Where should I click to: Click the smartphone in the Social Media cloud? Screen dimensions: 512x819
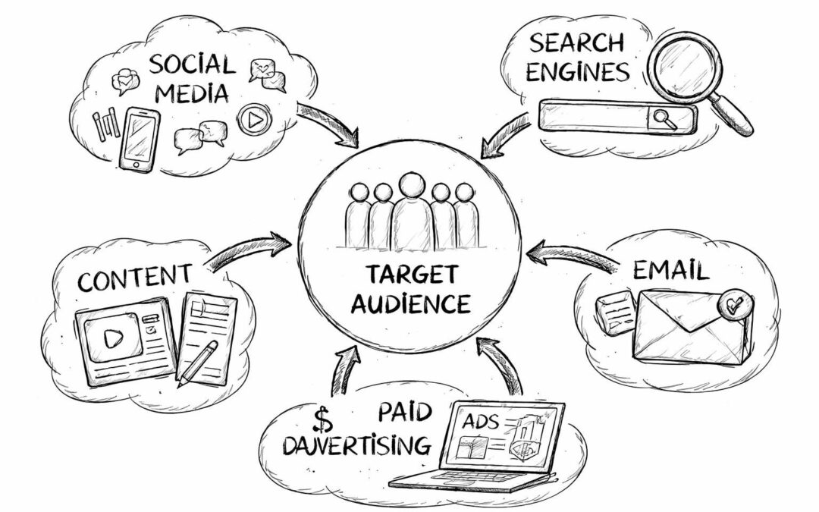coord(140,140)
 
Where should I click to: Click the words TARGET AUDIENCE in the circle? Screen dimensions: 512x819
coord(410,289)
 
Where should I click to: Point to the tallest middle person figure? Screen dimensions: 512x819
coord(411,209)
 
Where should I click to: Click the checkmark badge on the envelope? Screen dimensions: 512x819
coord(734,304)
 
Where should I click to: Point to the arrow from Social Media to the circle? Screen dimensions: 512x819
coord(328,124)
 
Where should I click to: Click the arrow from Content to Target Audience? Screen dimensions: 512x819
coord(251,250)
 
